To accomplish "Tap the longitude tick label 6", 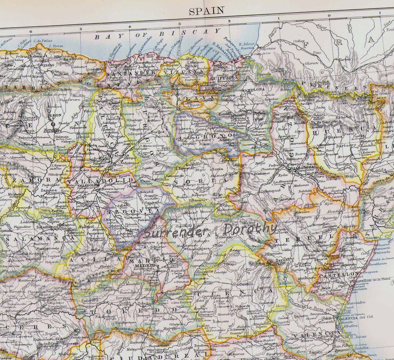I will coord(31,31).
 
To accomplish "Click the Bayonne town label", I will coord(268,48).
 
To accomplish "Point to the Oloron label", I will coord(312,63).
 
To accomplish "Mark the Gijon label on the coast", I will coord(55,52).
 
